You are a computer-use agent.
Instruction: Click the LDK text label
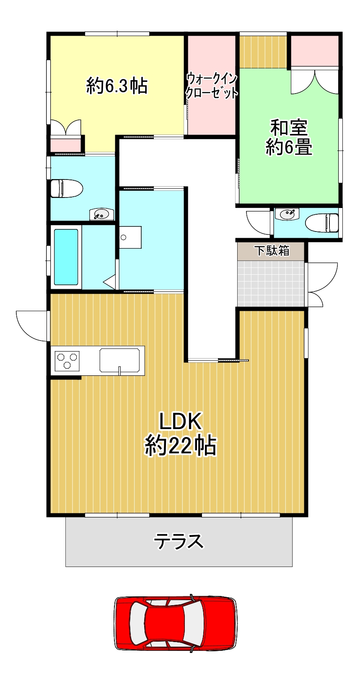(x=180, y=422)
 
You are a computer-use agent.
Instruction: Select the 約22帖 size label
(x=180, y=446)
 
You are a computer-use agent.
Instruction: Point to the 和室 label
(x=289, y=127)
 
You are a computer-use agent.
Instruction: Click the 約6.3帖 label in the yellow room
(x=117, y=86)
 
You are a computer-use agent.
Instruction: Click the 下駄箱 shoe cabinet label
(x=272, y=251)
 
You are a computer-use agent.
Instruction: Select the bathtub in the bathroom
(x=66, y=257)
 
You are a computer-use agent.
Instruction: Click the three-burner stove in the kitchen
(x=67, y=360)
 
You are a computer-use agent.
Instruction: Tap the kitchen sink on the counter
(x=119, y=360)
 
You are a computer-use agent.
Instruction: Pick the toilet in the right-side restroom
(x=322, y=222)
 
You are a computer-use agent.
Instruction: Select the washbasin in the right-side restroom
(x=287, y=214)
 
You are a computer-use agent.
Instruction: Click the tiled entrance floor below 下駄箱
(x=271, y=283)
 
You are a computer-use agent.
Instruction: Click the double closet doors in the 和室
(x=315, y=82)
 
